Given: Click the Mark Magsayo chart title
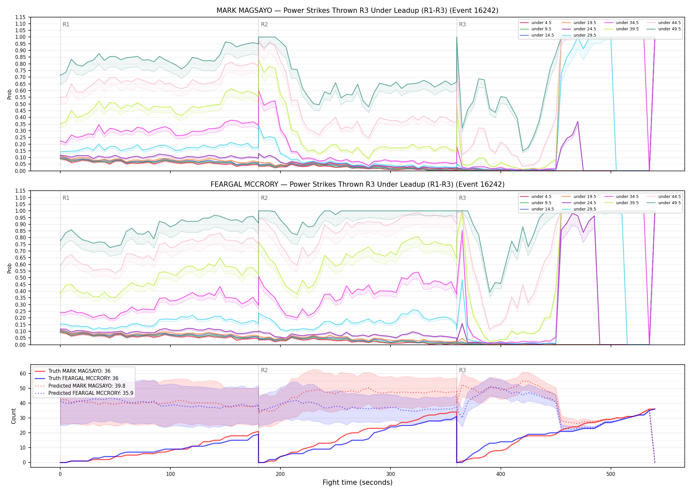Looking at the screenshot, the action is pyautogui.click(x=357, y=11).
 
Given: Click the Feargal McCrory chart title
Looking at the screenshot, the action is pyautogui.click(x=357, y=184).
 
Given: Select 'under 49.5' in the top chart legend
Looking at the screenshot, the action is pyautogui.click(x=669, y=29).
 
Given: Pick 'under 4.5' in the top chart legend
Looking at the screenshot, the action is pyautogui.click(x=541, y=23).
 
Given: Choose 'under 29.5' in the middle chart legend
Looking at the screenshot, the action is pyautogui.click(x=585, y=209).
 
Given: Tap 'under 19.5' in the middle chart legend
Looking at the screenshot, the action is pyautogui.click(x=585, y=197).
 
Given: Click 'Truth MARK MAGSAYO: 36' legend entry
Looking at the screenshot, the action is pyautogui.click(x=79, y=371).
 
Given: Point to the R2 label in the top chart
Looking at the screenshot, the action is pyautogui.click(x=264, y=24).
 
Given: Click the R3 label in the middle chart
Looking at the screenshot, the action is pyautogui.click(x=462, y=198).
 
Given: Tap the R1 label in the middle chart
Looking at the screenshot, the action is pyautogui.click(x=66, y=198).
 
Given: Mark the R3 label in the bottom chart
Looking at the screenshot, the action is pyautogui.click(x=462, y=370).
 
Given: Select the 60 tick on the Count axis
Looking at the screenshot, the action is pyautogui.click(x=23, y=373).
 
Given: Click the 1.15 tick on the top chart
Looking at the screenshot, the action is pyautogui.click(x=20, y=17).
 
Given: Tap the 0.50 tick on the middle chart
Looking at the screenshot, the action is pyautogui.click(x=20, y=278).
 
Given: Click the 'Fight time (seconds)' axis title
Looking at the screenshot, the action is pyautogui.click(x=358, y=483).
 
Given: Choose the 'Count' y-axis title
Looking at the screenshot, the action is pyautogui.click(x=14, y=416).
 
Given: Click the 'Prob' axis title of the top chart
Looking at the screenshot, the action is pyautogui.click(x=10, y=94).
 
